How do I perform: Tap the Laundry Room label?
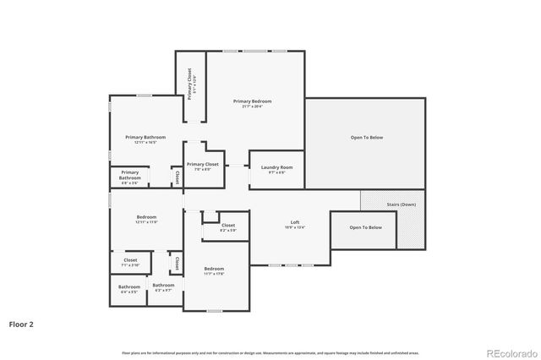tap(276, 167)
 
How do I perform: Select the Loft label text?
tap(295, 221)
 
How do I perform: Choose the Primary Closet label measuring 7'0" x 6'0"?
tap(203, 165)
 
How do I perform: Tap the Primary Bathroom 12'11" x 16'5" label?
tap(145, 137)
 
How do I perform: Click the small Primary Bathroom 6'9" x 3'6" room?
tap(130, 177)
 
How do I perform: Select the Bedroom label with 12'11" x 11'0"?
tap(146, 217)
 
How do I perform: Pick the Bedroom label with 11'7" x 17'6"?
tap(213, 269)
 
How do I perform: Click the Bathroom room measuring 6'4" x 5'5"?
tap(129, 287)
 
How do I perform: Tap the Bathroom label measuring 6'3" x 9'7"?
tap(163, 286)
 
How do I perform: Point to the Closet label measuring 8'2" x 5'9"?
tap(228, 226)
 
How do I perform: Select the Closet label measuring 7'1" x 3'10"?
tap(130, 260)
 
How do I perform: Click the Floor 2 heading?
tap(22, 324)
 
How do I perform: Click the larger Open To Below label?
tap(367, 138)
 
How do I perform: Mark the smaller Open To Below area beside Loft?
tap(366, 227)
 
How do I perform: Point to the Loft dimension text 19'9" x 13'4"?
tap(295, 227)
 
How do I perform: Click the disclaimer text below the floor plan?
tap(270, 352)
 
